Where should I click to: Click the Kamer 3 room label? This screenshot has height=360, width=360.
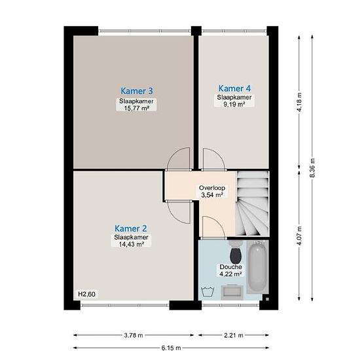[x=137, y=91]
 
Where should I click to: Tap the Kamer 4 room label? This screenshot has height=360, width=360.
[x=234, y=88]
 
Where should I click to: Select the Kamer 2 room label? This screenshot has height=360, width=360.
[x=131, y=228]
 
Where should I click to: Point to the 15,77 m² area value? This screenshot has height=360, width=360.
[x=137, y=108]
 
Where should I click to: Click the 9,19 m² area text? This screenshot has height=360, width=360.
[x=234, y=104]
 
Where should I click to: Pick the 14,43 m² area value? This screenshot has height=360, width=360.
[x=132, y=244]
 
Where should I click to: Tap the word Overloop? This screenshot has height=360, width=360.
[x=212, y=188]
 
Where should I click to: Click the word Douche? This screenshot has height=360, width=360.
[x=231, y=267]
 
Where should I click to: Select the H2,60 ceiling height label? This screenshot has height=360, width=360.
[x=86, y=294]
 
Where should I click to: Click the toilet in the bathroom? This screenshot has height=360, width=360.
[x=235, y=253]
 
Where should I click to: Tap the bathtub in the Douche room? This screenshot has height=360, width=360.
[x=258, y=267]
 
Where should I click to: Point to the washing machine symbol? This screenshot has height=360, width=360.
[x=207, y=292]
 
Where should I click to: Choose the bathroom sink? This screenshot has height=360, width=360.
[x=232, y=292]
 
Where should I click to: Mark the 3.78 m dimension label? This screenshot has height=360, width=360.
[x=134, y=335]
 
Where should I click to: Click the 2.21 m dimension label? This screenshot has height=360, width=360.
[x=234, y=335]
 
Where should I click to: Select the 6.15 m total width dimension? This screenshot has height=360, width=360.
[x=171, y=348]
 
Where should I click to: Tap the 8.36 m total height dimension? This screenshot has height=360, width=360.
[x=312, y=168]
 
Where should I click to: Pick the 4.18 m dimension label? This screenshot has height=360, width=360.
[x=299, y=102]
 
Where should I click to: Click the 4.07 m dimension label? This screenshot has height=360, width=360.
[x=299, y=236]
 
